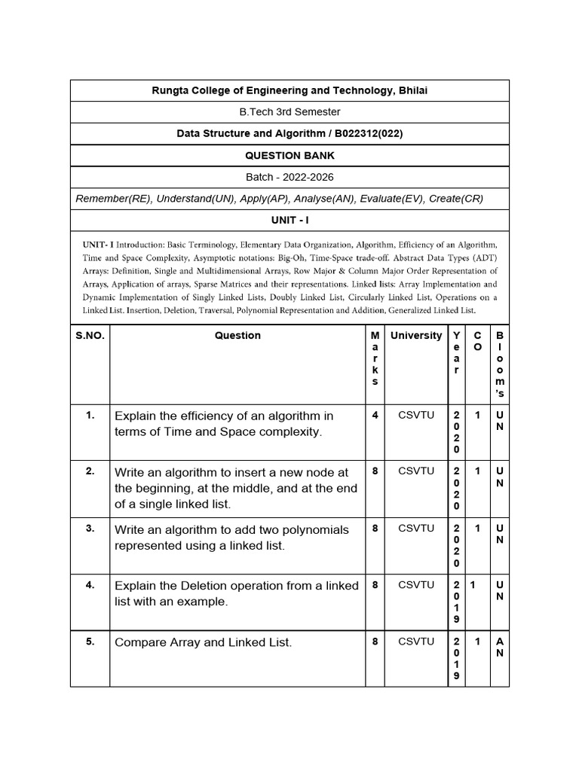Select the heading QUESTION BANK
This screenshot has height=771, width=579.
(x=289, y=155)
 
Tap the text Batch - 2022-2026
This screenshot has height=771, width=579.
(x=289, y=177)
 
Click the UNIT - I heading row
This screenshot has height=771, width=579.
(x=289, y=220)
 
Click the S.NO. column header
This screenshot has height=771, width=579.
(x=90, y=336)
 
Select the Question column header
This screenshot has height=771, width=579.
(x=237, y=336)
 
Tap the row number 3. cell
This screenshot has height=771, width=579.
(x=90, y=529)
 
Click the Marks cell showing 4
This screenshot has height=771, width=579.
(x=375, y=415)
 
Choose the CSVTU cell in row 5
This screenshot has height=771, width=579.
(x=416, y=641)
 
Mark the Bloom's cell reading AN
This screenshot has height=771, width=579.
(x=499, y=648)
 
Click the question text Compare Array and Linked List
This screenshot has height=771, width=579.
(x=203, y=642)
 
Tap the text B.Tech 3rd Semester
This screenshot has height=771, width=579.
(x=289, y=111)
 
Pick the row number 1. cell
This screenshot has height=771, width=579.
(x=90, y=415)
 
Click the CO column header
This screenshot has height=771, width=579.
(x=477, y=341)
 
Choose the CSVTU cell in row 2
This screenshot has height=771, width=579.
(x=416, y=471)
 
